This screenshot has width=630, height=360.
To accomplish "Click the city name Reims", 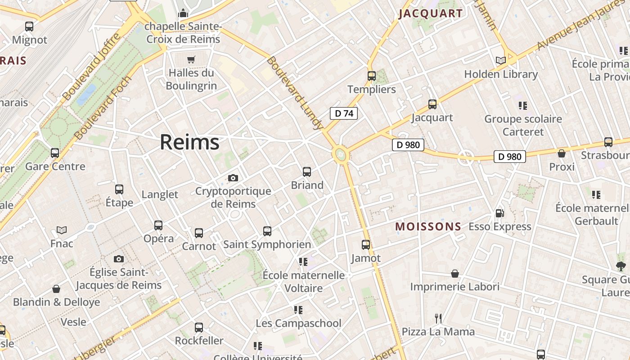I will click(x=189, y=142).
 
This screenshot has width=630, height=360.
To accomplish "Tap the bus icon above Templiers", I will click(x=371, y=76).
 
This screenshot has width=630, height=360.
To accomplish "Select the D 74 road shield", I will click(x=344, y=113).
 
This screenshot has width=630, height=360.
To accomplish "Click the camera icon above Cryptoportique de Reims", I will click(x=233, y=178).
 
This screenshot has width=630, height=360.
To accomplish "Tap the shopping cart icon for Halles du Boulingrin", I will click(x=191, y=59).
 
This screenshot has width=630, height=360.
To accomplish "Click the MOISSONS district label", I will click(x=428, y=226).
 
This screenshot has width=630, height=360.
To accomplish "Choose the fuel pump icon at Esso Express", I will click(x=499, y=213).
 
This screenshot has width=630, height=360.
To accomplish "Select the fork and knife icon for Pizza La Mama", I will click(x=438, y=319).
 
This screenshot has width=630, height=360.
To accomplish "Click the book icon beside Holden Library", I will click(x=500, y=60).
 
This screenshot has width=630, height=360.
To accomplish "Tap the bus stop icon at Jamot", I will click(x=366, y=245).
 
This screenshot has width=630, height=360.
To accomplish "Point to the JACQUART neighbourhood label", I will click(x=431, y=13).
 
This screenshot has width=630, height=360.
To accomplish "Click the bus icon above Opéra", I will click(x=158, y=225).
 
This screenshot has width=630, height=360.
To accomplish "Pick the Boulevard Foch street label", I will click(x=103, y=108).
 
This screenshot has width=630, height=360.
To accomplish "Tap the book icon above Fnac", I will click(x=62, y=230).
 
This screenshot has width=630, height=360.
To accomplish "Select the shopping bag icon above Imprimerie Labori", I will click(x=455, y=274).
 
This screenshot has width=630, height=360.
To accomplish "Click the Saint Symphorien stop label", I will click(x=267, y=244).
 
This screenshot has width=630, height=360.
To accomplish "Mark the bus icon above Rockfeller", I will click(x=199, y=327).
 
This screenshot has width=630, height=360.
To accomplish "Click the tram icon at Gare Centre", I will click(x=55, y=153).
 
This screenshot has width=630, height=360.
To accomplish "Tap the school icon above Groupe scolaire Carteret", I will click(x=522, y=105).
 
